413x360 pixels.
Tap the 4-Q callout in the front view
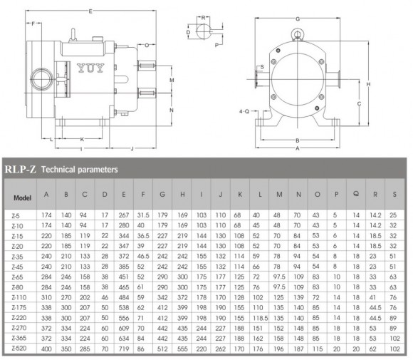244,112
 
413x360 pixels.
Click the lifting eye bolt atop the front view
297,32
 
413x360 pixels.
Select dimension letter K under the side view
83,139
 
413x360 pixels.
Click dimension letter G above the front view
297,16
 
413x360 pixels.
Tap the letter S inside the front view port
262,67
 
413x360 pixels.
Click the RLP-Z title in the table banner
20,170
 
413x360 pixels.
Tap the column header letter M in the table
279,194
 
